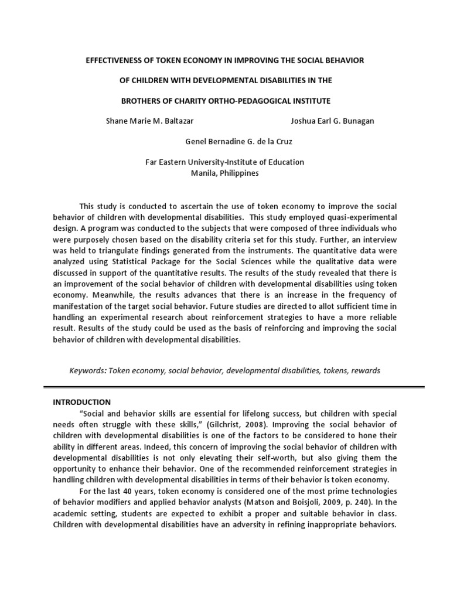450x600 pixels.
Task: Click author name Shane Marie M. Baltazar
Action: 149,121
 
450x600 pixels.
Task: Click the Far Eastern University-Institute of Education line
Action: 225,162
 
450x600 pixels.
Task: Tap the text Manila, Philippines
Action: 225,173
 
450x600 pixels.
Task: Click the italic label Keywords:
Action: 88,370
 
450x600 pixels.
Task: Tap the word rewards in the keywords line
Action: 363,370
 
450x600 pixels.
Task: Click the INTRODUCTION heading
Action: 81,403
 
